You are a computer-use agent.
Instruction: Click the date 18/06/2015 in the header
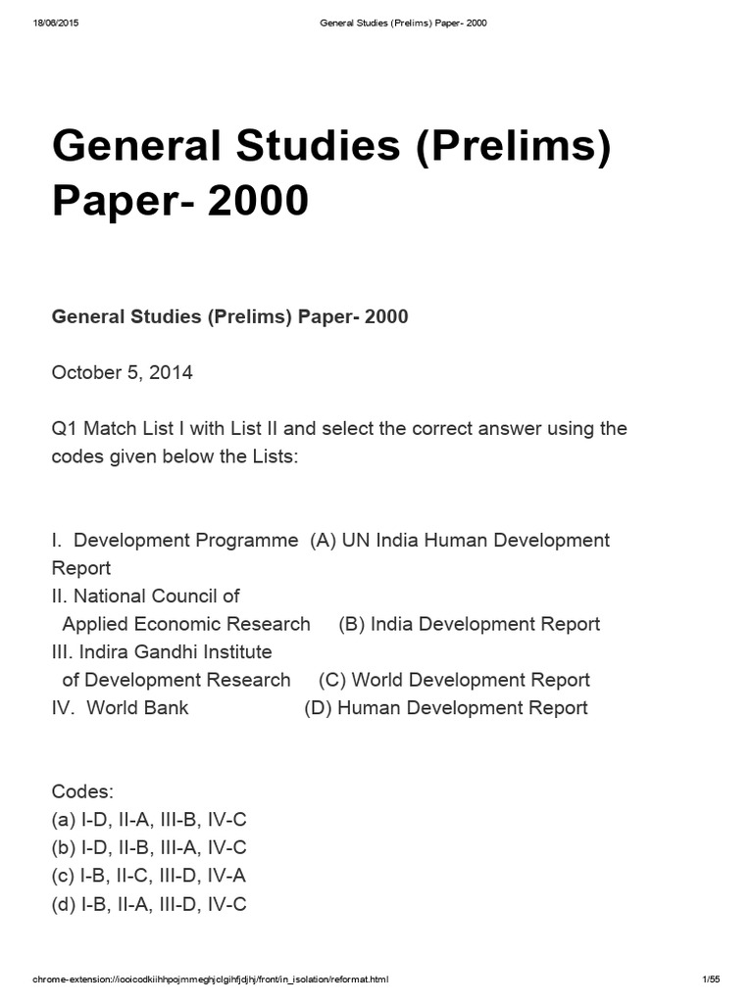point(55,23)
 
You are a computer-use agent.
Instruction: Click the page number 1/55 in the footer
point(711,979)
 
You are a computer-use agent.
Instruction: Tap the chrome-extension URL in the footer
point(211,979)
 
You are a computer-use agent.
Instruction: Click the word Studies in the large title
point(276,148)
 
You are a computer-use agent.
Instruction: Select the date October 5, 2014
point(122,372)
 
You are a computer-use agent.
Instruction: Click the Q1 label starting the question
point(64,429)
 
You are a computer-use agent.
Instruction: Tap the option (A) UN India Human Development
point(459,540)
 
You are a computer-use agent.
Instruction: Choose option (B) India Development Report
point(469,624)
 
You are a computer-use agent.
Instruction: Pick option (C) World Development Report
point(454,680)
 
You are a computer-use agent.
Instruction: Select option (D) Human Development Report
point(446,707)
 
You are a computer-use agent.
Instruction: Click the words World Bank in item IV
point(137,707)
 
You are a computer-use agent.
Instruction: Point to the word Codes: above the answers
point(82,791)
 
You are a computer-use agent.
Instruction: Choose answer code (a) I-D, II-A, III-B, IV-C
point(149,820)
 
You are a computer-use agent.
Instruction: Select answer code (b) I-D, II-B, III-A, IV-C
point(149,848)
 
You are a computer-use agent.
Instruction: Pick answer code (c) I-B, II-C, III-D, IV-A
point(149,876)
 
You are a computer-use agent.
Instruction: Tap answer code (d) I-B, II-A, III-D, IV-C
point(149,904)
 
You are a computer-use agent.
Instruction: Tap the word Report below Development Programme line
point(81,568)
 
